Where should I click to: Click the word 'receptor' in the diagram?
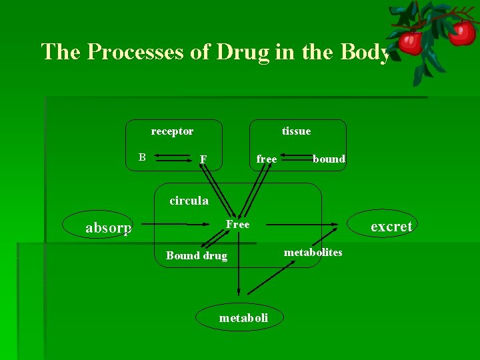[x=172, y=131]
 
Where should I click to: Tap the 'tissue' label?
[x=296, y=131]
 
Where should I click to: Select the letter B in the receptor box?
[x=142, y=157]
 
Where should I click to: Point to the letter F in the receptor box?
[x=203, y=159]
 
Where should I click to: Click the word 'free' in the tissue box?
[x=267, y=159]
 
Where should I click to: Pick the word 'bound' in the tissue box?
[x=329, y=159]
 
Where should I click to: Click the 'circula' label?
[x=189, y=200]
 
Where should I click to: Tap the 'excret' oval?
[x=391, y=227]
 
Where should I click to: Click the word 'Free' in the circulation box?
[x=237, y=225]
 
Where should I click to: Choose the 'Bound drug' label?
[x=197, y=255]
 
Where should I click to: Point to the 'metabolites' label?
[x=313, y=252]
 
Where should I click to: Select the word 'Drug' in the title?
[x=243, y=52]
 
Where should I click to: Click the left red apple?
[x=411, y=42]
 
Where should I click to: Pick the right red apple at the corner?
[x=461, y=32]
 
